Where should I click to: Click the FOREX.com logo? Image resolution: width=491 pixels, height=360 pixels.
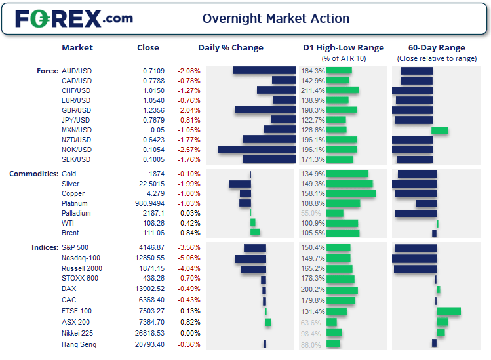[x=73, y=18]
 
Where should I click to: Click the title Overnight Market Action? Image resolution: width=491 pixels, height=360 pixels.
[x=275, y=18]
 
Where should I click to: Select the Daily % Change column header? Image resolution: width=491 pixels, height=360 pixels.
[x=231, y=47]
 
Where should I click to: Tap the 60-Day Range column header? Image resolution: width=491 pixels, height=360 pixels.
[x=437, y=47]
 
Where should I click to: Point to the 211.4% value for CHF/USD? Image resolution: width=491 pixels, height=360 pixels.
[x=313, y=90]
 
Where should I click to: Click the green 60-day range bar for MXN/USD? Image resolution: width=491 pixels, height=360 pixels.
[x=440, y=130]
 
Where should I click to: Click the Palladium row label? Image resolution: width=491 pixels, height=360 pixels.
[x=75, y=213]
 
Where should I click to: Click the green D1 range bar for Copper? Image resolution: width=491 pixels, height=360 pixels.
[x=351, y=193]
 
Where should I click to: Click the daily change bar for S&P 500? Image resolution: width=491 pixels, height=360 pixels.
[x=255, y=249]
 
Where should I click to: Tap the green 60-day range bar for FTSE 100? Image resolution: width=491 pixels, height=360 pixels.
[x=448, y=311]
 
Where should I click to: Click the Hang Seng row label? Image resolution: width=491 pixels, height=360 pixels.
[x=79, y=344]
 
